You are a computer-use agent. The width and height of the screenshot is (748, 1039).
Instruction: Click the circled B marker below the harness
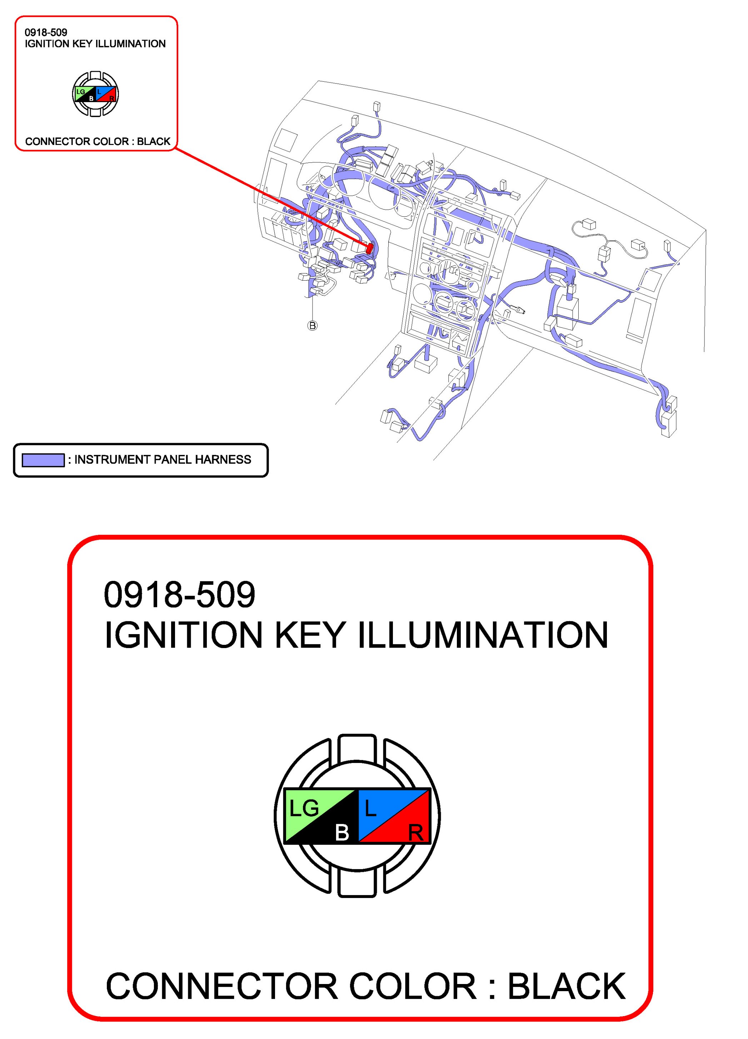pos(312,326)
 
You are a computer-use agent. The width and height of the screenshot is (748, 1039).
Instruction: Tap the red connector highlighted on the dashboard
pos(369,249)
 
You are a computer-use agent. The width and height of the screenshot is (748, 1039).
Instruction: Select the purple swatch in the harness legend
pos(43,460)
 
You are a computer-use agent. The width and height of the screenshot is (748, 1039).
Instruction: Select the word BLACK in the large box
pos(566,986)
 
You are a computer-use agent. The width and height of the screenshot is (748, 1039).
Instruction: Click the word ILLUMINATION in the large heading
pos(483,636)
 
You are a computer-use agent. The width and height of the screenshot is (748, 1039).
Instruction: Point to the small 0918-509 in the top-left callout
pos(46,32)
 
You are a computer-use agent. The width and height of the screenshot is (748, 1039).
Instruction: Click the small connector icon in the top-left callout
pos(95,94)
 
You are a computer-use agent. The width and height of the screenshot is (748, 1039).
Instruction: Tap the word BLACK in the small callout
pos(154,141)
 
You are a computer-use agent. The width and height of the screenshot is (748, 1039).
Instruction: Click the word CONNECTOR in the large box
pos(222,986)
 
